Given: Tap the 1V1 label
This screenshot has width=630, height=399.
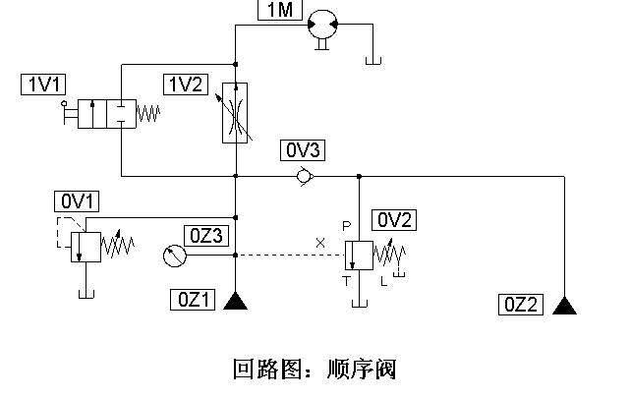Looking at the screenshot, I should click(40, 85).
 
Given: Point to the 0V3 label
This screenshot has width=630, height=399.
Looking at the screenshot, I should click(303, 150).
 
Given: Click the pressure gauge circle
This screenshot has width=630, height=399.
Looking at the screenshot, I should click(173, 256).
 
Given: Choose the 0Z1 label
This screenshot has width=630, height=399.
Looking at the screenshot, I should click(191, 300).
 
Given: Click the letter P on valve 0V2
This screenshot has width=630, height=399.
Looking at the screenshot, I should click(346, 225).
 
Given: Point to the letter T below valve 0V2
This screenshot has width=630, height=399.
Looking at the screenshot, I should click(345, 280).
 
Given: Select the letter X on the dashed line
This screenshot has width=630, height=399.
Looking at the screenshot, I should click(318, 242).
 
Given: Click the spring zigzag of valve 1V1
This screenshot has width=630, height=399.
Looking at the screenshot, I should click(147, 113).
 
